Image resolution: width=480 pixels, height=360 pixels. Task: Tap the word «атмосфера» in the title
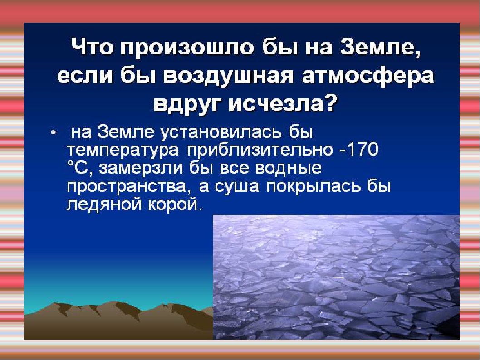pos(368,77)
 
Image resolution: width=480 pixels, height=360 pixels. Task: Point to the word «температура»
pos(123,151)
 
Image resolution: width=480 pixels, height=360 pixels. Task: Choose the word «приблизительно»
pos(260,151)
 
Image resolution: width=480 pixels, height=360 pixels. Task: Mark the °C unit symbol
pos(78,168)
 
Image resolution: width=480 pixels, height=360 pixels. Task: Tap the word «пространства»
pos(126,186)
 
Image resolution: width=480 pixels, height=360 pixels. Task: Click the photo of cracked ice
pos(336,277)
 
